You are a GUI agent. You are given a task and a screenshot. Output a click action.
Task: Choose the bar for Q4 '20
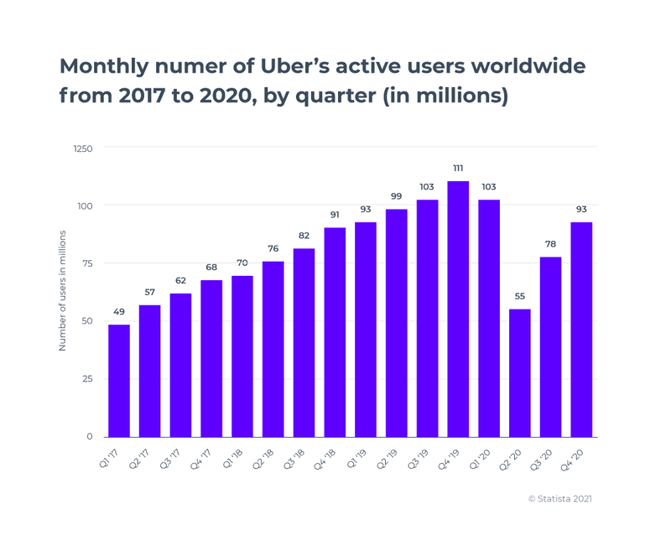point(581,329)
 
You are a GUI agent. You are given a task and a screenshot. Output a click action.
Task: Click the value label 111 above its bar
point(458,168)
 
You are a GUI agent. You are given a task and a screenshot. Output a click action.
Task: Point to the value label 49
point(119,311)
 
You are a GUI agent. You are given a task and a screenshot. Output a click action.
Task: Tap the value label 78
point(550,243)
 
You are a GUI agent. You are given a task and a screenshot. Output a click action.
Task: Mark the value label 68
point(211,268)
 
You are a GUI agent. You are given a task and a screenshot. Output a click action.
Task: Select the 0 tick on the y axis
point(89,437)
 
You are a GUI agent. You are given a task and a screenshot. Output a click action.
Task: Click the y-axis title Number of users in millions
point(63,293)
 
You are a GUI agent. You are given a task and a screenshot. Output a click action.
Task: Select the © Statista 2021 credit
point(560,498)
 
